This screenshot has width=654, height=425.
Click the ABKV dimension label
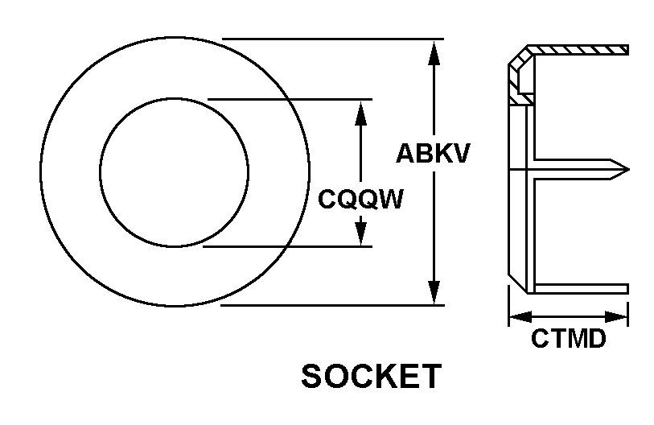433,153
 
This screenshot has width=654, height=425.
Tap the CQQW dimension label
360,199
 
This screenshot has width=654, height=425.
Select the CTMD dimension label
569,338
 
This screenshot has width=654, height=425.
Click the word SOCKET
371,376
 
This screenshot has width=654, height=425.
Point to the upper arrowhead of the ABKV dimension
434,52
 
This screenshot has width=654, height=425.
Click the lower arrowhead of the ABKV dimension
434,292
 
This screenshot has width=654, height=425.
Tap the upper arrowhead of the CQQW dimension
360,113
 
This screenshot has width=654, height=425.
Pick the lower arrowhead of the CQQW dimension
360,233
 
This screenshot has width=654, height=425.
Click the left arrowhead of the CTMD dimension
521,316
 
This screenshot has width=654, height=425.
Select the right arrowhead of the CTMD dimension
616,316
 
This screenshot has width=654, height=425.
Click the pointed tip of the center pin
629,170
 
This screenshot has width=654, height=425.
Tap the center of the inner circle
175,172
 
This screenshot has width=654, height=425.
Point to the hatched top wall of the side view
578,50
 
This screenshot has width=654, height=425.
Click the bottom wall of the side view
581,288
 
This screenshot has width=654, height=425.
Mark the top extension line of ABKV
333,39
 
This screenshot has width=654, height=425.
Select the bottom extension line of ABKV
332,305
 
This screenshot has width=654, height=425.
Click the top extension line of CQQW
290,99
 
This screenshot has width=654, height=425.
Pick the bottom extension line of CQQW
287,246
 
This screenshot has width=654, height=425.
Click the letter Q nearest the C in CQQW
347,199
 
